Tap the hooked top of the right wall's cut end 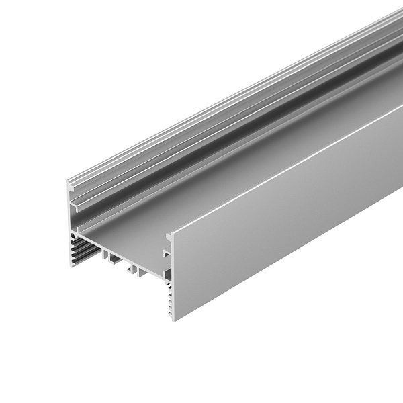[169, 234]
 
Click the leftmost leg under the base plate [105, 255]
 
